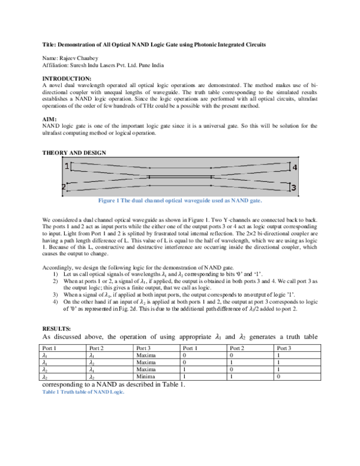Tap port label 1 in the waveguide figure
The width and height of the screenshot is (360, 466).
point(67,166)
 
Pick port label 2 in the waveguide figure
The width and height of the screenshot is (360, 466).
point(64,188)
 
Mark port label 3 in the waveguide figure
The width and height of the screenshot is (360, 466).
point(293,189)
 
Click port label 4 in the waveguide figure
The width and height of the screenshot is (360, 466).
point(294,168)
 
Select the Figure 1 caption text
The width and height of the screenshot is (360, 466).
point(180,201)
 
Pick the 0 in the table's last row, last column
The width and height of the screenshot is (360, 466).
point(278,376)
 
